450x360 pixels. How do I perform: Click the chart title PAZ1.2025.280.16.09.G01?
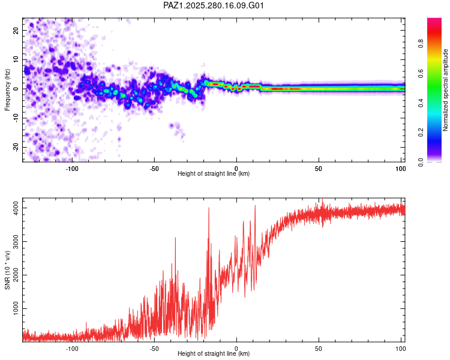[x=214, y=5]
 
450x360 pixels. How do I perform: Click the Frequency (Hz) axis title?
[x=7, y=90]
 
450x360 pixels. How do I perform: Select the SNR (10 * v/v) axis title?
[x=7, y=270]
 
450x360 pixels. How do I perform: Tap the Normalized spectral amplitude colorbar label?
[x=445, y=90]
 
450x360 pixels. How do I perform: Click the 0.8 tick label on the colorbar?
[x=421, y=44]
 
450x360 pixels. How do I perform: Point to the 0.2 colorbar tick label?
[x=421, y=133]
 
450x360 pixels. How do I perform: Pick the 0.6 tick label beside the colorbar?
[x=421, y=73]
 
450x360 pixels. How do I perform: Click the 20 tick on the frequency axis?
[x=16, y=30]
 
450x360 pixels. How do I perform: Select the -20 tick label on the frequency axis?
[x=16, y=147]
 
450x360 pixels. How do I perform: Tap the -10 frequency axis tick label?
[x=16, y=118]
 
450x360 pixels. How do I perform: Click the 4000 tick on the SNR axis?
[x=16, y=208]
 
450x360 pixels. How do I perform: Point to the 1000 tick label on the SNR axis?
[x=16, y=308]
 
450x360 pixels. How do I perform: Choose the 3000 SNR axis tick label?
[x=16, y=241]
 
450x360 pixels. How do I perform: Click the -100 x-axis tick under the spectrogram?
[x=72, y=169]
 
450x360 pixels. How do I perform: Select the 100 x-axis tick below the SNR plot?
[x=401, y=349]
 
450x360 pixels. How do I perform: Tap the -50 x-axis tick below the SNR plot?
[x=154, y=349]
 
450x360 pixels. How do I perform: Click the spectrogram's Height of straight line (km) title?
[x=214, y=173]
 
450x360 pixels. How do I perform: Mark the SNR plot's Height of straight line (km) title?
[x=214, y=353]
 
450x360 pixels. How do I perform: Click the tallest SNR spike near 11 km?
[x=255, y=206]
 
